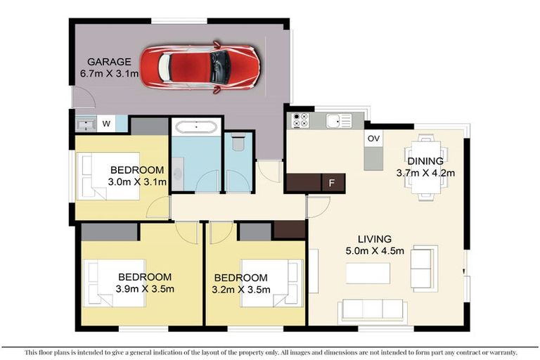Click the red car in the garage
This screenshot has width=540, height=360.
200,68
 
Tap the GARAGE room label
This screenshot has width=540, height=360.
109,62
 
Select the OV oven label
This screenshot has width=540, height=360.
373,139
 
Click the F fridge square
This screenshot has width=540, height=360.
333,183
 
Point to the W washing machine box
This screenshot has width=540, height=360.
106,123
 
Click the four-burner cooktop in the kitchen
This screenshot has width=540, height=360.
300,120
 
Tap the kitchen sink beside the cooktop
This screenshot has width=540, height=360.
339,121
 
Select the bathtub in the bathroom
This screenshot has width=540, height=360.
196,127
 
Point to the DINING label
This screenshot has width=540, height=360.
425,161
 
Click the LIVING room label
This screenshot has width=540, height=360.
375,239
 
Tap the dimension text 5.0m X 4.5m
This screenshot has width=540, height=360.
375,250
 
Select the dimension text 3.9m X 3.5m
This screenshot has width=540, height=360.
145,289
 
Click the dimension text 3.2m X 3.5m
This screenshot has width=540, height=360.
241,290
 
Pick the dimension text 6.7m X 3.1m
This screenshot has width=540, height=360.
109,73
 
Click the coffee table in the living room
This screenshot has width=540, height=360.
368,274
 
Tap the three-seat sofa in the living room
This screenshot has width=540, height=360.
373,309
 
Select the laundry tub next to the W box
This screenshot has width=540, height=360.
85,124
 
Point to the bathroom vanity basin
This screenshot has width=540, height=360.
178,174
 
